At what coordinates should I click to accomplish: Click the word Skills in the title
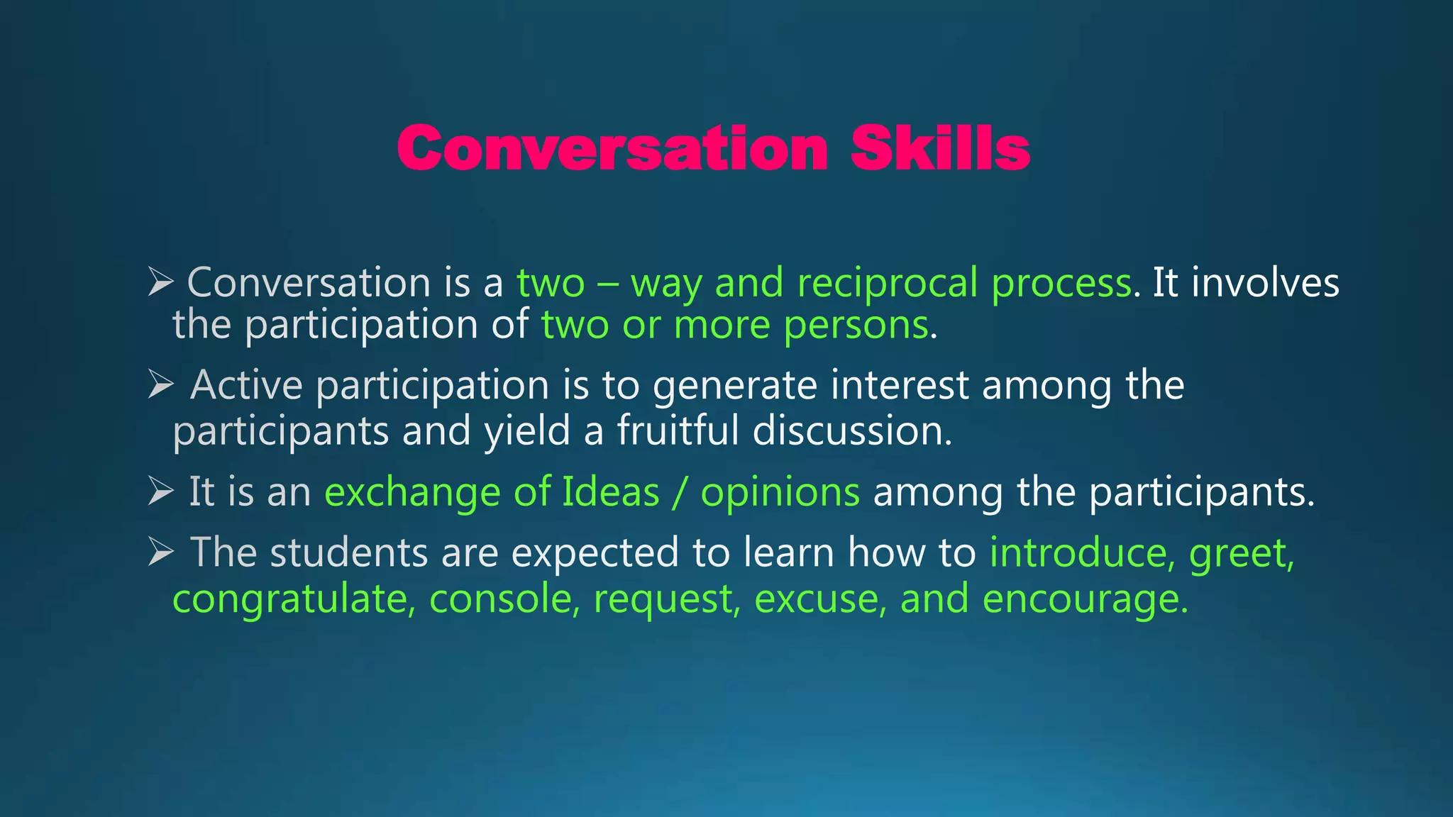tap(940, 148)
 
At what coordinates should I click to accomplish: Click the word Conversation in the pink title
tap(612, 148)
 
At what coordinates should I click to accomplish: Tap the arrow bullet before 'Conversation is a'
tap(161, 282)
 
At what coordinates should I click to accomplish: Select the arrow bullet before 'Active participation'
tap(161, 385)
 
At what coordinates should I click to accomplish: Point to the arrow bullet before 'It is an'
tap(161, 491)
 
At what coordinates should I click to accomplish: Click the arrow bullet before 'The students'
tap(161, 552)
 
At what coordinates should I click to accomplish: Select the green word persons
tap(856, 326)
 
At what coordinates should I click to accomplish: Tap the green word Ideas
tap(610, 491)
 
